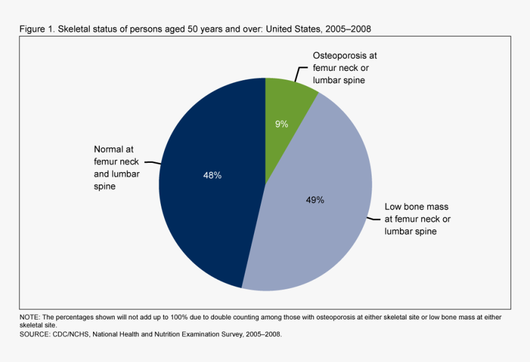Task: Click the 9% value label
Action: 282,124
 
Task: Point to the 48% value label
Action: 212,175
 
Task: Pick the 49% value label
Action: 315,200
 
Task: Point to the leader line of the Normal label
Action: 153,162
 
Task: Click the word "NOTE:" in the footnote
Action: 30,317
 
